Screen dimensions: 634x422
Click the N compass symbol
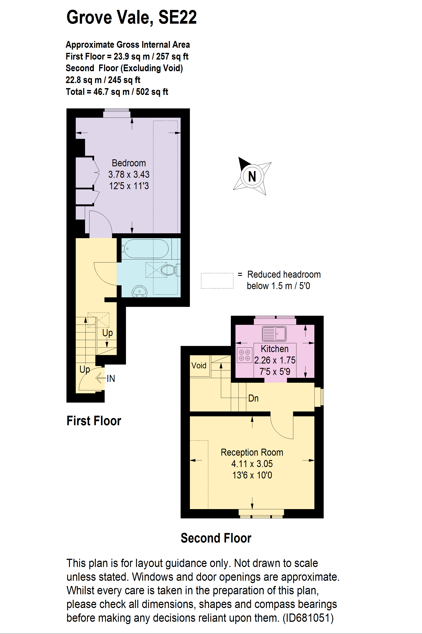click(x=252, y=176)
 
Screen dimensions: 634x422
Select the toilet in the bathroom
click(x=169, y=270)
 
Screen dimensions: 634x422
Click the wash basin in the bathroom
click(x=139, y=291)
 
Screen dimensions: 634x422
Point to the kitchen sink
click(x=274, y=333)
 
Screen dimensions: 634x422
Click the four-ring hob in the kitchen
click(x=244, y=355)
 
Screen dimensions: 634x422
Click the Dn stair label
click(x=253, y=398)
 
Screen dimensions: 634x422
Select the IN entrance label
click(x=111, y=379)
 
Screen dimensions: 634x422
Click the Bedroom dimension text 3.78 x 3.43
click(x=129, y=174)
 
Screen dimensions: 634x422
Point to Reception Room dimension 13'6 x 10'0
click(x=252, y=475)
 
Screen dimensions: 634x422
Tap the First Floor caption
click(x=94, y=421)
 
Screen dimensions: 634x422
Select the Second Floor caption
click(x=216, y=538)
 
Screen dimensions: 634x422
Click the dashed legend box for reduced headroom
click(x=217, y=281)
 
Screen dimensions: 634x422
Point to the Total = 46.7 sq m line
click(x=117, y=92)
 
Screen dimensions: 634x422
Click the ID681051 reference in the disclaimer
click(x=308, y=618)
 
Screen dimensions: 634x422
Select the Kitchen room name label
click(x=275, y=349)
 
